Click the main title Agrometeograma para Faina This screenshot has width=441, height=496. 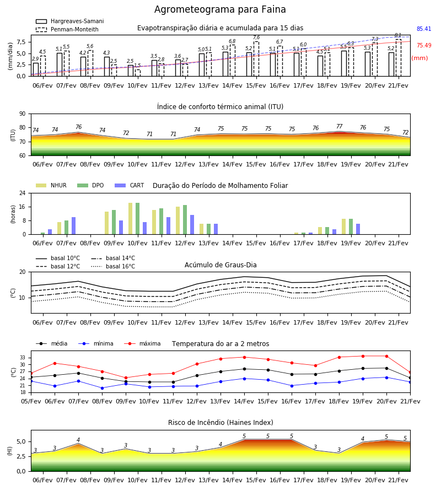pos(220,9)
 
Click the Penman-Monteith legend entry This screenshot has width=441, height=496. pos(67,29)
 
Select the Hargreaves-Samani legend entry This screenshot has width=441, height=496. pos(69,21)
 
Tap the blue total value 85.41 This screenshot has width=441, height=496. pos(424,29)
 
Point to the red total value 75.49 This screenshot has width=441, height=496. pos(424,45)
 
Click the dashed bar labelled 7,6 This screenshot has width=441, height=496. pos(256,59)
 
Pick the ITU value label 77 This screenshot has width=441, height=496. pos(340,126)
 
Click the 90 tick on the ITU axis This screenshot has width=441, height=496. pos(23,114)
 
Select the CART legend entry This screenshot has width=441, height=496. pos(129,185)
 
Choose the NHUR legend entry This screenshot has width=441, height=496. pos(51,185)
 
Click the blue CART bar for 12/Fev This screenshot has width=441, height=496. pos(192,225)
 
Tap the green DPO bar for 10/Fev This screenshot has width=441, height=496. pos(138,219)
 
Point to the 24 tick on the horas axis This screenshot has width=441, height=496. pos(23,193)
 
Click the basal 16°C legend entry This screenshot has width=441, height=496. pos(113,266)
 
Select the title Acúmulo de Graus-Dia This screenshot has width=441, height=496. pos(220,265)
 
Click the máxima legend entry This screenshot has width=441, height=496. pos(142,343)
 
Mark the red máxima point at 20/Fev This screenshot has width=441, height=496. pos(386,356)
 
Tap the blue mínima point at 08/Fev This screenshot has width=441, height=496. pos(102,388)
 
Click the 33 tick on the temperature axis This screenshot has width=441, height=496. pos(23,358)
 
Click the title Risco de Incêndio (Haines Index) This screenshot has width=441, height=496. pos(220,423)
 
